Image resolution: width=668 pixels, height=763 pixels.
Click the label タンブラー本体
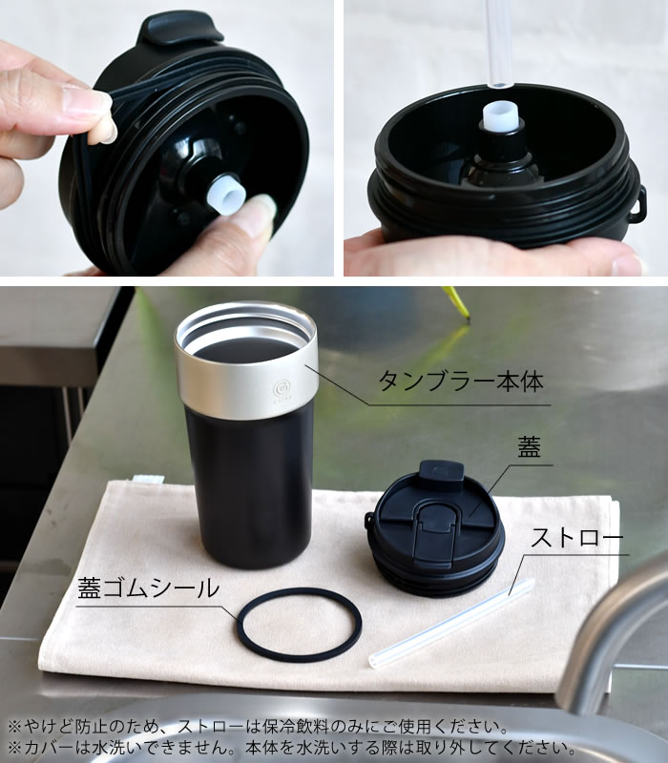tap(460, 381)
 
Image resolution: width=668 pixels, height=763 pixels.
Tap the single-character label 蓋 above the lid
tap(529, 446)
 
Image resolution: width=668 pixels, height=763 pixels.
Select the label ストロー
tap(577, 538)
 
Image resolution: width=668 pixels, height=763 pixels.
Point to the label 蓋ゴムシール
tap(149, 588)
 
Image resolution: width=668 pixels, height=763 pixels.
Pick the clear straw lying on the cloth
tap(451, 624)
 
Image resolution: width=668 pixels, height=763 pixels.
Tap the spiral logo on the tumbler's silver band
tap(282, 389)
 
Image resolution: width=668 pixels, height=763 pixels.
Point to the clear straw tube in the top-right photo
tap(497, 44)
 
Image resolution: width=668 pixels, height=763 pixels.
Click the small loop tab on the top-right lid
tap(639, 204)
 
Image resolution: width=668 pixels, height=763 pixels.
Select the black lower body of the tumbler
tap(249, 486)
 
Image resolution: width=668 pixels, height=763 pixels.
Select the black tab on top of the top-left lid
tap(180, 30)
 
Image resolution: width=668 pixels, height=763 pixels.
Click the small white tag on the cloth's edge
tap(148, 479)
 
